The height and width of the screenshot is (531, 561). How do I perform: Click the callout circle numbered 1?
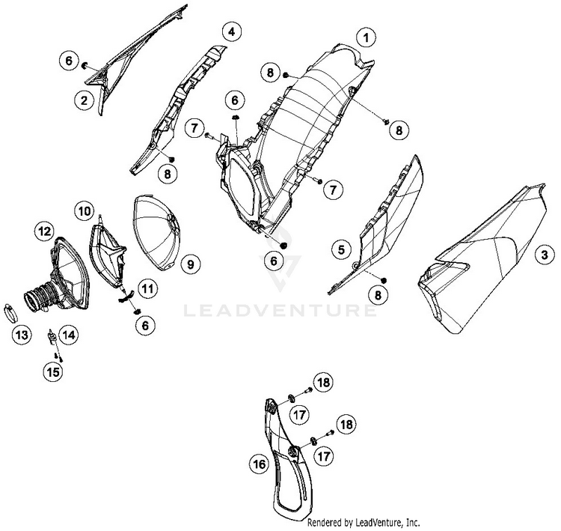pyautogui.click(x=366, y=37)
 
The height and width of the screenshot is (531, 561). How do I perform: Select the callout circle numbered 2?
pyautogui.click(x=84, y=100)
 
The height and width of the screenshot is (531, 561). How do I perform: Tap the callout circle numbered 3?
pyautogui.click(x=545, y=255)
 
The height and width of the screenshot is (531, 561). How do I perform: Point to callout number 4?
pyautogui.click(x=232, y=32)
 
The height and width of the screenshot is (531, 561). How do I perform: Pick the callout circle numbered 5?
pyautogui.click(x=341, y=249)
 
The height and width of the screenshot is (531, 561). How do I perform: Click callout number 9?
pyautogui.click(x=190, y=264)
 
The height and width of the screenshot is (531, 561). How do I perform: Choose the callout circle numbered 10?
pyautogui.click(x=85, y=211)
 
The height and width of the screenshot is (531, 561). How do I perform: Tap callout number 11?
pyautogui.click(x=147, y=288)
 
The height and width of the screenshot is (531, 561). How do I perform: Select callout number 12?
pyautogui.click(x=44, y=231)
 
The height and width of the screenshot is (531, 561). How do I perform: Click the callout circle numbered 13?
pyautogui.click(x=22, y=336)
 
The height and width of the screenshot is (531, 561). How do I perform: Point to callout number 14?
pyautogui.click(x=68, y=335)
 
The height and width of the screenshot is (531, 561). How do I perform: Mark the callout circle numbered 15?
pyautogui.click(x=53, y=372)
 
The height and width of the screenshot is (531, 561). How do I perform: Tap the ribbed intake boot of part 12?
pyautogui.click(x=40, y=297)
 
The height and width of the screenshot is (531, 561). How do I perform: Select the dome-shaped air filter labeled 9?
pyautogui.click(x=157, y=233)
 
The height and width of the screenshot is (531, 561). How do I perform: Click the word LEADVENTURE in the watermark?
pyautogui.click(x=280, y=310)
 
